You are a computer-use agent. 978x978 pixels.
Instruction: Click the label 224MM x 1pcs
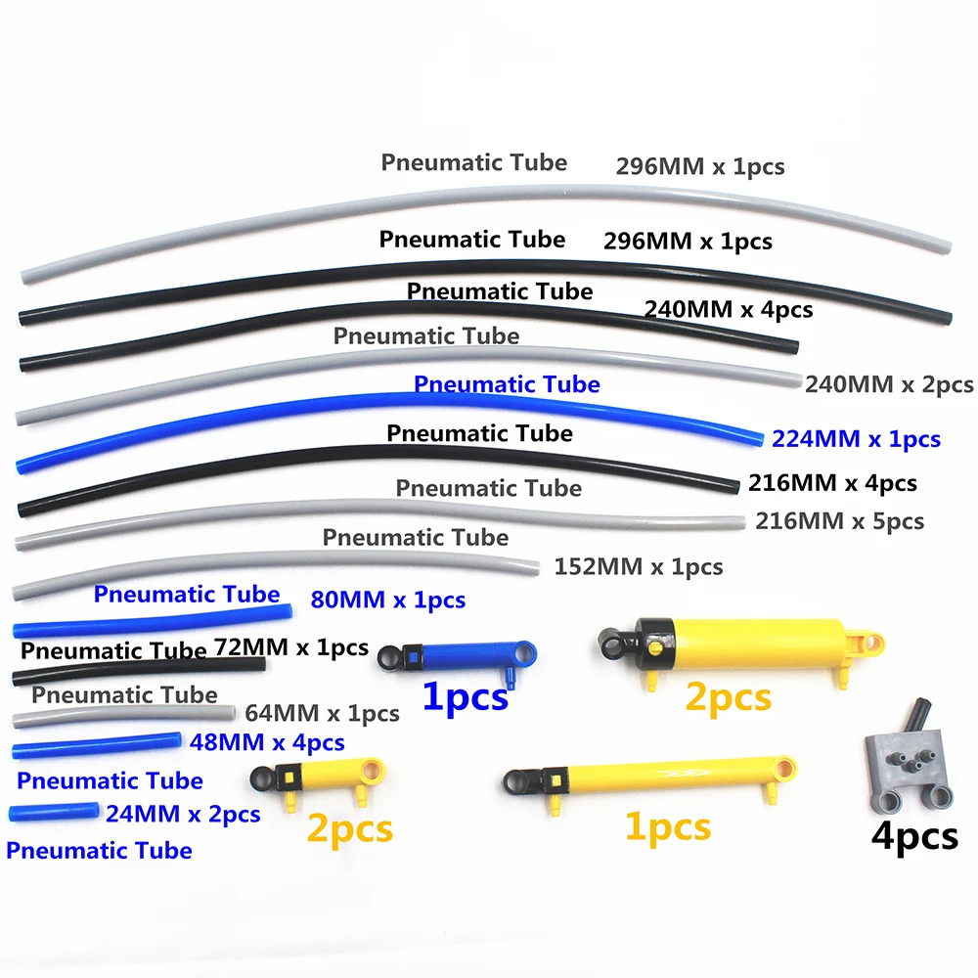coord(856,439)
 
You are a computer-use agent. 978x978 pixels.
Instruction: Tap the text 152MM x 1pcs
coord(638,566)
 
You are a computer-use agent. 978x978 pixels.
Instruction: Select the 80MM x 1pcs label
coord(387,600)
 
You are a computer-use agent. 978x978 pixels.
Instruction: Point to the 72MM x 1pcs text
coord(290,646)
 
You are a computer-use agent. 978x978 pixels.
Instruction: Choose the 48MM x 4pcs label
coord(267,742)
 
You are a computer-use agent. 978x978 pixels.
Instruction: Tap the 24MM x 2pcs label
coord(183,813)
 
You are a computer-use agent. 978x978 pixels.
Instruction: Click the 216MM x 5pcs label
coord(839,521)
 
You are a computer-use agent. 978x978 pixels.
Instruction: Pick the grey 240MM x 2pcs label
coord(889,384)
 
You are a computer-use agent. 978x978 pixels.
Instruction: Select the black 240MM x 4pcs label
coord(729,310)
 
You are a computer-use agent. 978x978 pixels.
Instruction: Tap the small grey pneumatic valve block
coord(901,768)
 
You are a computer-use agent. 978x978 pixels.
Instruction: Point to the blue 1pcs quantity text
coord(465,698)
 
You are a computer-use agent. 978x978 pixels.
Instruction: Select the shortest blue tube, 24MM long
coord(53,811)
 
